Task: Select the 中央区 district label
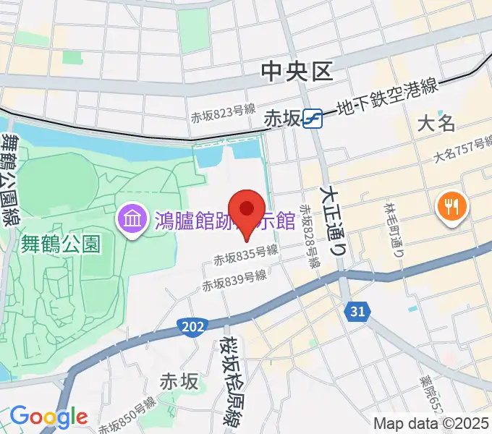point(297,71)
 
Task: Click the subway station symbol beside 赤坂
point(313,118)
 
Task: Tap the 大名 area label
point(437,123)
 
